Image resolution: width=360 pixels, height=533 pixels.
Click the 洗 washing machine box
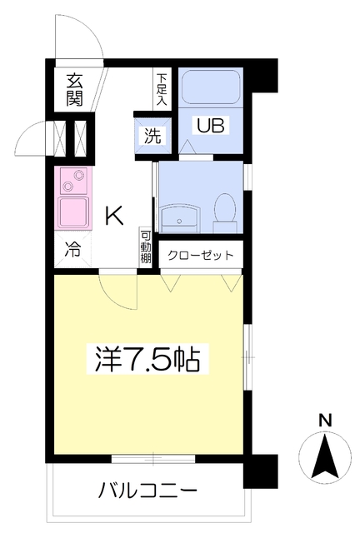point(152,135)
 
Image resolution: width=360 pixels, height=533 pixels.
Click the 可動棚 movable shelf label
point(146,248)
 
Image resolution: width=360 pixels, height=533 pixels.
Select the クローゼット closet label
point(200,256)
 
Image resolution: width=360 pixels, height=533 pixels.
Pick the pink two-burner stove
point(73,179)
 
